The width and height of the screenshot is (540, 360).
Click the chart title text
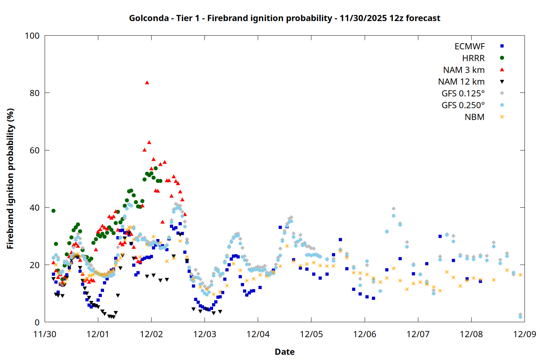tap(284, 18)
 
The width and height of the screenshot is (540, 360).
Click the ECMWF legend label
tap(469, 46)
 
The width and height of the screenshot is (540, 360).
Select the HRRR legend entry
tap(473, 58)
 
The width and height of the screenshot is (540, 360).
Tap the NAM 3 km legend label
tap(464, 70)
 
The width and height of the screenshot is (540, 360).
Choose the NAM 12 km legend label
tap(461, 82)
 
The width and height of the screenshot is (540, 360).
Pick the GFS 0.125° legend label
tap(463, 94)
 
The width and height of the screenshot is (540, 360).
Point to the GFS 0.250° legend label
tap(463, 105)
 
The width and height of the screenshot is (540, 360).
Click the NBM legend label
tap(474, 117)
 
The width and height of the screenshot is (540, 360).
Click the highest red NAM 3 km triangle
tap(147, 82)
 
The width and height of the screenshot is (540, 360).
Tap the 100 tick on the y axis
tap(32, 36)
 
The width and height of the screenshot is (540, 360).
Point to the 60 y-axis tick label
tap(35, 150)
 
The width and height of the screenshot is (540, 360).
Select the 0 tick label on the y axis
tap(37, 323)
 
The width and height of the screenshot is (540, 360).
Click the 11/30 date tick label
tap(45, 334)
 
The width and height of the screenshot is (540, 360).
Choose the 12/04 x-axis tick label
tap(258, 334)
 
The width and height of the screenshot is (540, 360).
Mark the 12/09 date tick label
tap(525, 334)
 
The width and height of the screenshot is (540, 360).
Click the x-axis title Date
tap(284, 352)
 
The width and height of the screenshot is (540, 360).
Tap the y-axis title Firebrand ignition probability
tap(10, 179)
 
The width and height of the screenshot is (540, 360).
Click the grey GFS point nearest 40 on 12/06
tap(393, 209)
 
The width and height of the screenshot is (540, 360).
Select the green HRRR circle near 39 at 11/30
tap(53, 211)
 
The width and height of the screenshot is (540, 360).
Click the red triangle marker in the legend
tap(502, 69)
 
